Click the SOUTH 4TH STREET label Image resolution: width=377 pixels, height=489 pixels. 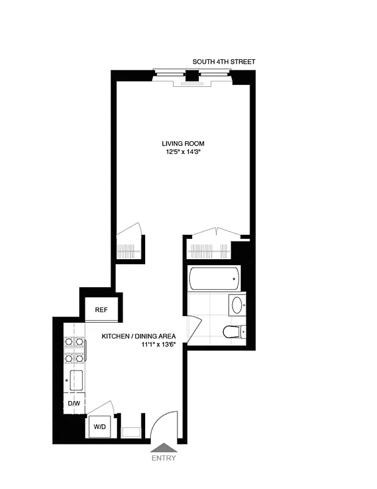pos(224,62)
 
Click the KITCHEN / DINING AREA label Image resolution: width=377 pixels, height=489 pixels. pos(138,336)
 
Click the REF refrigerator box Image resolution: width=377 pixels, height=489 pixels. pos(101,310)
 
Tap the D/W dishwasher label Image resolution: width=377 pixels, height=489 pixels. pos(74,404)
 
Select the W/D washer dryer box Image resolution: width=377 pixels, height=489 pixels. pos(99,426)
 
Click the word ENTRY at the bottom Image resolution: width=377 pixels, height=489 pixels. pos(163,458)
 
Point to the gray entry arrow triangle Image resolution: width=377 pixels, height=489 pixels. pos(163,447)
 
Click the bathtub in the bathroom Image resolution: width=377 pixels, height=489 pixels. pos(214,279)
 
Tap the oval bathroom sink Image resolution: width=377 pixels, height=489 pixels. pos(237,304)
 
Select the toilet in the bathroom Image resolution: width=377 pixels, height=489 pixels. pos(233,331)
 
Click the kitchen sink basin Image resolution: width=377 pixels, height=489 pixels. pos(77,380)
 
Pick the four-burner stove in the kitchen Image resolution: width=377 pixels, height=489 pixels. pos(74,350)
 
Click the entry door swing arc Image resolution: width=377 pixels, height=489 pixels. pos(163,423)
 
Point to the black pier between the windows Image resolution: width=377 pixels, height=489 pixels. pos(192,76)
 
